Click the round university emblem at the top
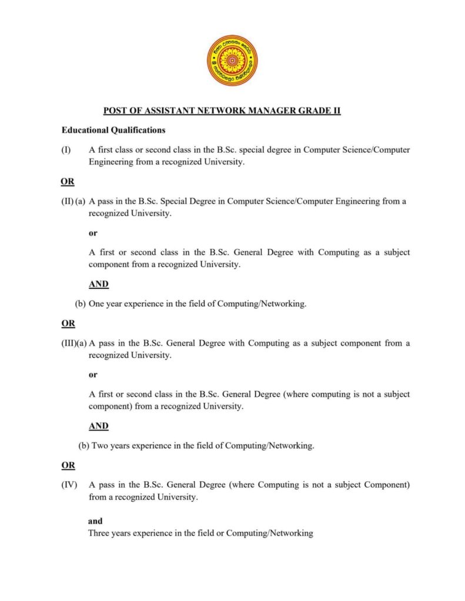pos(232,60)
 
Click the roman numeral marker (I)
pos(66,150)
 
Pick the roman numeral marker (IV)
pos(68,485)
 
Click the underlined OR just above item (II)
pos(68,181)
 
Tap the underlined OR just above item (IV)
pos(68,465)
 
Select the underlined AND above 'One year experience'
pos(99,284)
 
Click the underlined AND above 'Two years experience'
pos(99,426)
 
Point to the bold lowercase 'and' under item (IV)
pos(95,521)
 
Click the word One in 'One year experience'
pos(97,304)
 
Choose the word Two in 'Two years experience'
pos(99,445)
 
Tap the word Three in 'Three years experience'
pos(99,534)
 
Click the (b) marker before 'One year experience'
pos(81,304)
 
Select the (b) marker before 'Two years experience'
pos(83,445)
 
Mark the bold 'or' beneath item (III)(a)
pos(93,374)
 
